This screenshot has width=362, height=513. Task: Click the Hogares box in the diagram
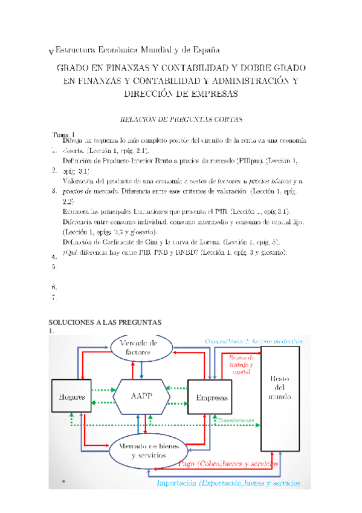pos(71,397)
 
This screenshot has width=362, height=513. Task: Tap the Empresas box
pos(211,397)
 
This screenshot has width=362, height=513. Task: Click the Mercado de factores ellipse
pos(142,347)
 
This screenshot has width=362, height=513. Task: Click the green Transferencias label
pos(237,419)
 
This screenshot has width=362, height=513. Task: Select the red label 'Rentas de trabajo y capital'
pos(241,365)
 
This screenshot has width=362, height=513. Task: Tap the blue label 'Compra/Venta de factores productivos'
pos(253,341)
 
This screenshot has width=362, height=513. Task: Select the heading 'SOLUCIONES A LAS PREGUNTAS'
pos(105,322)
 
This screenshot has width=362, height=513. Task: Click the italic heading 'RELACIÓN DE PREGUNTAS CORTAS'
pos(181,119)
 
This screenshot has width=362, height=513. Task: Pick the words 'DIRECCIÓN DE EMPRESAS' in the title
pos(181,94)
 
